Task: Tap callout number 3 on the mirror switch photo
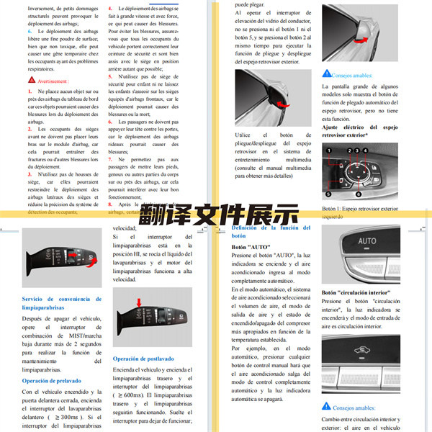(357, 151)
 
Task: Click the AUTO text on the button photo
(367, 241)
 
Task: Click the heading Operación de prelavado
(51, 381)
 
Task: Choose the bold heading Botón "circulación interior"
(356, 293)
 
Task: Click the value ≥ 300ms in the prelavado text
(63, 418)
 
